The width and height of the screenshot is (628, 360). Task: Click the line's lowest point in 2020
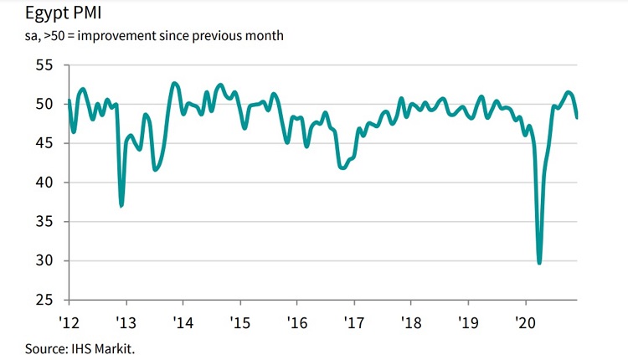tap(539, 262)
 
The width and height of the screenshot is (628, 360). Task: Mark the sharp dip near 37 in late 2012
tap(121, 205)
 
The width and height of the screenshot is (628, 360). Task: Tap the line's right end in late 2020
tap(577, 117)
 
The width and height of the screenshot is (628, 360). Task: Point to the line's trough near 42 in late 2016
tap(342, 167)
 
